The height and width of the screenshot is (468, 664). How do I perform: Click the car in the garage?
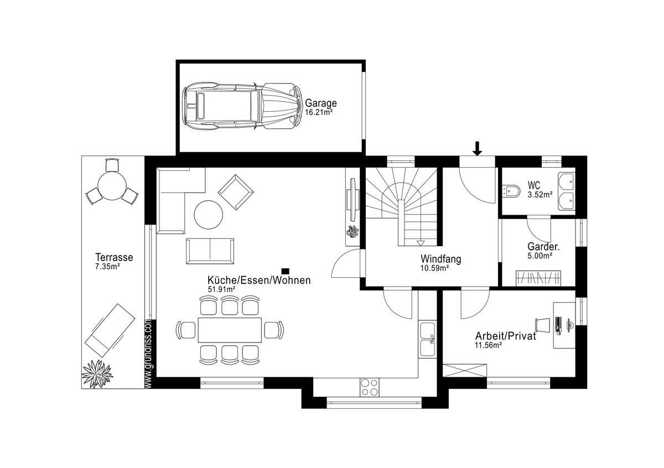[242, 106]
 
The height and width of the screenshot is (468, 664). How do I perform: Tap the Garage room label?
[321, 103]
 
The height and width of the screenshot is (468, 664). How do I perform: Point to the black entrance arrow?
[477, 148]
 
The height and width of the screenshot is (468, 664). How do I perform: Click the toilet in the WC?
[511, 191]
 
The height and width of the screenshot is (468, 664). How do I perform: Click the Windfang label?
[441, 259]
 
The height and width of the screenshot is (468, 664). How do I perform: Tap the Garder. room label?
[543, 247]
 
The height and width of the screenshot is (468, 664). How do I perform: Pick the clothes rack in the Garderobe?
[538, 278]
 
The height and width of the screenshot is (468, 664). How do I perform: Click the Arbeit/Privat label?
[505, 336]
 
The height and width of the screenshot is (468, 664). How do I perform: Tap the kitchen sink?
[427, 339]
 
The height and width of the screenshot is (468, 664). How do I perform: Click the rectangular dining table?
[230, 330]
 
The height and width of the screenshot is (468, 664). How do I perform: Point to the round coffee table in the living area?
[209, 215]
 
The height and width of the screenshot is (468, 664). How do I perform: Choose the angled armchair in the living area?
[236, 192]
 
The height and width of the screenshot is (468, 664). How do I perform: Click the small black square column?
[285, 271]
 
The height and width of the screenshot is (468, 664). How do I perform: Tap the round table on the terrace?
[112, 186]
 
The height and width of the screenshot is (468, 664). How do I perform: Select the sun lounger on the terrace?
[110, 330]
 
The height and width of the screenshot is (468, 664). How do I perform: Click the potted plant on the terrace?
[97, 373]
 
